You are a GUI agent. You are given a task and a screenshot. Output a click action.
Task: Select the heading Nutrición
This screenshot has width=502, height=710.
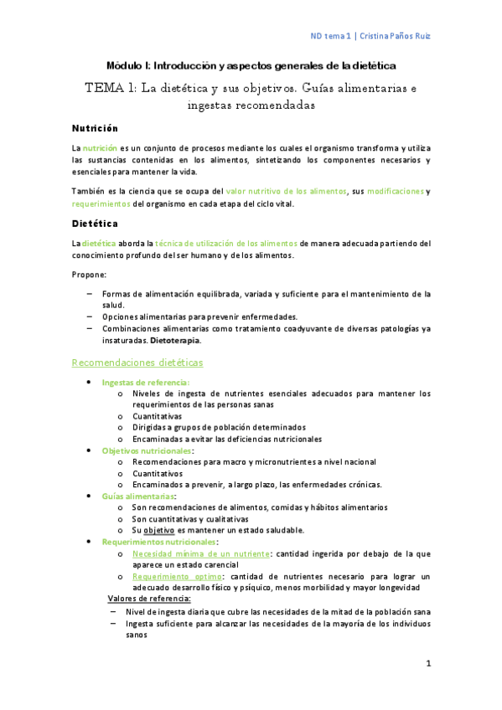(x=94, y=128)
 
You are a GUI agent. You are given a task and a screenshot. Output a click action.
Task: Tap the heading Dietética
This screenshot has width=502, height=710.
(x=94, y=224)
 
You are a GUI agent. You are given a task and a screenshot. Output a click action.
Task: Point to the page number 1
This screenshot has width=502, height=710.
(x=427, y=664)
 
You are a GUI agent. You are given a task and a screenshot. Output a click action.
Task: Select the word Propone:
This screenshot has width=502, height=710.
(x=89, y=275)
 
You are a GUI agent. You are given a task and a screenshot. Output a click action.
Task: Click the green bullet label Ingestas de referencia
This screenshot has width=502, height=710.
(x=145, y=382)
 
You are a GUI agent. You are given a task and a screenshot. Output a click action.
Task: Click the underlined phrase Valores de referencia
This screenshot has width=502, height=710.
(x=150, y=599)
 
